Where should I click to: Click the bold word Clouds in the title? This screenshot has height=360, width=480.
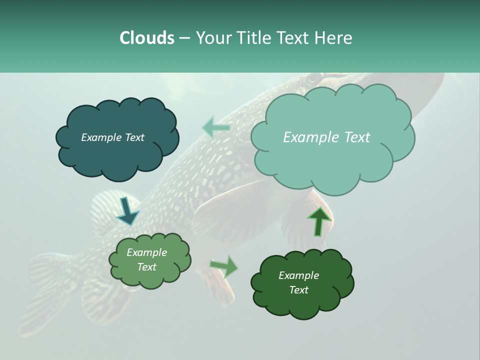pos(147,38)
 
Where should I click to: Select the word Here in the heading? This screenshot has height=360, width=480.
pos(334,38)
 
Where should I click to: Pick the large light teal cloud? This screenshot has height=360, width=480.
pos(332,160)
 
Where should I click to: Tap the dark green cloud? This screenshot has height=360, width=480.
pos(302,305)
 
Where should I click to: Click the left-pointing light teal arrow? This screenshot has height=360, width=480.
pos(215,128)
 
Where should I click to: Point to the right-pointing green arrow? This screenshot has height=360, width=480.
pos(224,266)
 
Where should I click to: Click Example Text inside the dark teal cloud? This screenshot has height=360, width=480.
pos(112,137)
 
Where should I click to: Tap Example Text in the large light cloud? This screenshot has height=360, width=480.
pos(326,137)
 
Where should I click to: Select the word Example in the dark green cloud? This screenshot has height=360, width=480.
pos(298,275)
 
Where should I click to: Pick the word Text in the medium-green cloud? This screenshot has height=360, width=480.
pos(147,267)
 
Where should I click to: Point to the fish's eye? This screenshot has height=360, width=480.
pos(314,78)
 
